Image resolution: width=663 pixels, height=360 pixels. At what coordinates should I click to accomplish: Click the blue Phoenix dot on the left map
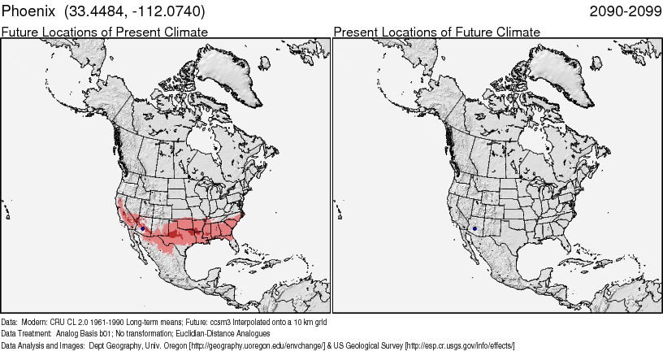point(143,228)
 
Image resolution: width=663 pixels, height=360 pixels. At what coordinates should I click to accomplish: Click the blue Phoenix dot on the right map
point(474,228)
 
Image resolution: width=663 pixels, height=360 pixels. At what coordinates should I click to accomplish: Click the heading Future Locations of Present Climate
point(105,32)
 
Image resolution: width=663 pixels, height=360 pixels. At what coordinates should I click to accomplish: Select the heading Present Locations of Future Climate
point(436,32)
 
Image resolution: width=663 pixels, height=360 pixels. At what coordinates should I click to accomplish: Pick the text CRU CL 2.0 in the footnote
point(70,321)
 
